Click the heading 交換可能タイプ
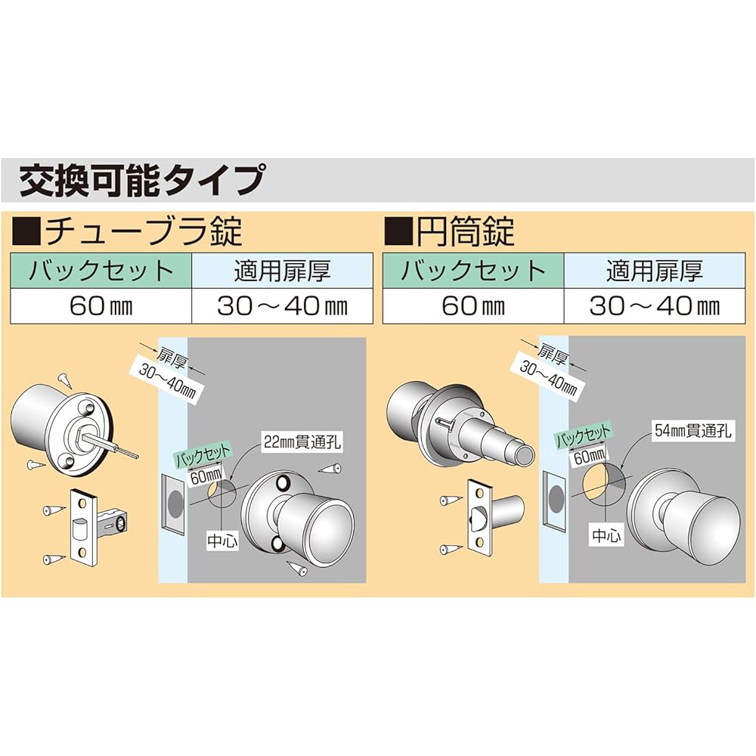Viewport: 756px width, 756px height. [141, 181]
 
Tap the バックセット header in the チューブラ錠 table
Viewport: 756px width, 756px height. [101, 271]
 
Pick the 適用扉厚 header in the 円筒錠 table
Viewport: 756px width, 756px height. [654, 271]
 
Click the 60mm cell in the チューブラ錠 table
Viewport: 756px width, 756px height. [101, 306]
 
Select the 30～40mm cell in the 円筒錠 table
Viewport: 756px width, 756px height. [654, 306]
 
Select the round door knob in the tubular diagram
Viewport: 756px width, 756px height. [318, 519]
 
